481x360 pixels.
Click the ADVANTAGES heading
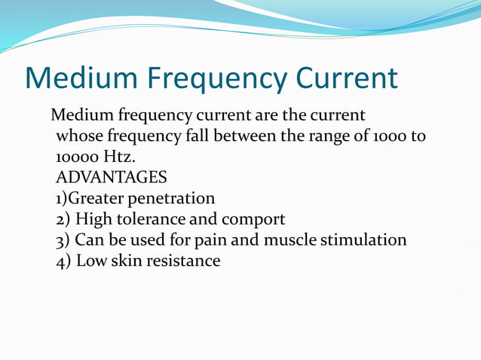pyautogui.click(x=112, y=178)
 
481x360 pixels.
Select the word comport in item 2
pyautogui.click(x=253, y=220)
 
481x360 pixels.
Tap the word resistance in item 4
pyautogui.click(x=182, y=261)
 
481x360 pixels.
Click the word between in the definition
pyautogui.click(x=248, y=137)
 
